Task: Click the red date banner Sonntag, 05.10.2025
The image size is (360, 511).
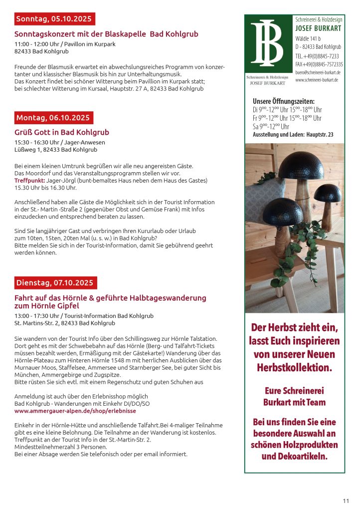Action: click(x=54, y=19)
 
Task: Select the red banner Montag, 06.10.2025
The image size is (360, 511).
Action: click(x=53, y=118)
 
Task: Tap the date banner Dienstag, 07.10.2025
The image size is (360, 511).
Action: click(x=55, y=282)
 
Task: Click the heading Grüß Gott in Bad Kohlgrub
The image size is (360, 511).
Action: click(x=62, y=132)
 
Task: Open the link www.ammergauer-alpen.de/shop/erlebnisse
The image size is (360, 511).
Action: click(x=75, y=411)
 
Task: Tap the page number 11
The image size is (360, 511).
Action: click(x=346, y=501)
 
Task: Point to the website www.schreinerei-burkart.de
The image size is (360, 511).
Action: click(x=317, y=80)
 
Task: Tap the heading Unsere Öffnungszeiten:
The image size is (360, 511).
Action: click(x=283, y=101)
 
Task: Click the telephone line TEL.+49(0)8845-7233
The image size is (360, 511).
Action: click(x=317, y=56)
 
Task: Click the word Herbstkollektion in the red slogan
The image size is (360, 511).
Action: click(x=294, y=368)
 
